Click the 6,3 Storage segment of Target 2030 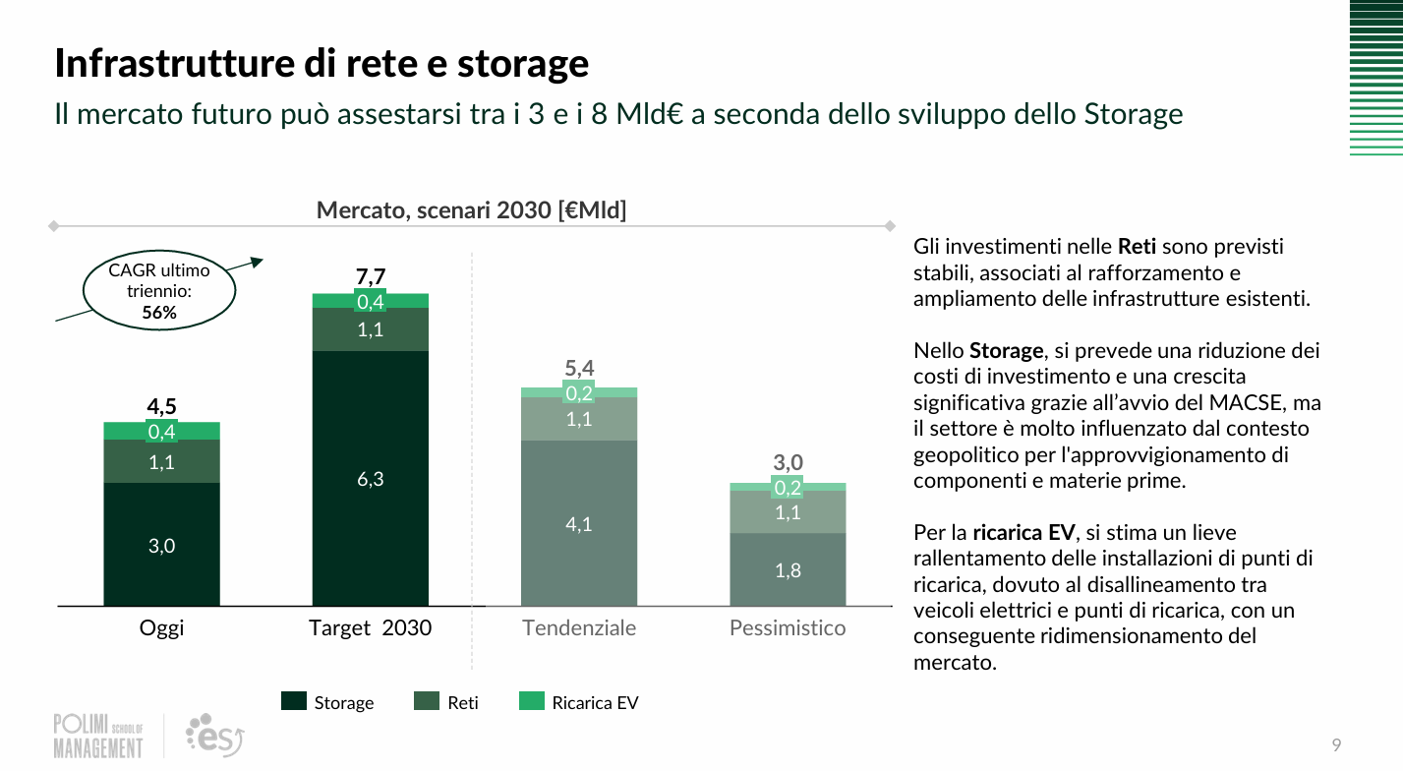pos(370,479)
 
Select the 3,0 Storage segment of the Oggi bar pos(161,546)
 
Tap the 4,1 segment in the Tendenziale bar pos(578,524)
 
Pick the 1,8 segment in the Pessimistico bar pos(788,569)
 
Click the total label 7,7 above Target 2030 pos(370,275)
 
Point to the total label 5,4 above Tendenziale pos(579,369)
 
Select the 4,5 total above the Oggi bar pos(161,405)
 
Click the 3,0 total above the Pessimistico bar pos(788,462)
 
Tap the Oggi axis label pos(161,627)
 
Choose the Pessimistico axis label pos(788,627)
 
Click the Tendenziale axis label pos(579,627)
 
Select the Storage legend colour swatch pos(293,701)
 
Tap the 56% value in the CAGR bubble pos(158,313)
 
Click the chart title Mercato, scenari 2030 pos(471,209)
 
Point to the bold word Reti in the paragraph pos(1137,247)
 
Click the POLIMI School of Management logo pos(98,736)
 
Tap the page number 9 pos(1336,743)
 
